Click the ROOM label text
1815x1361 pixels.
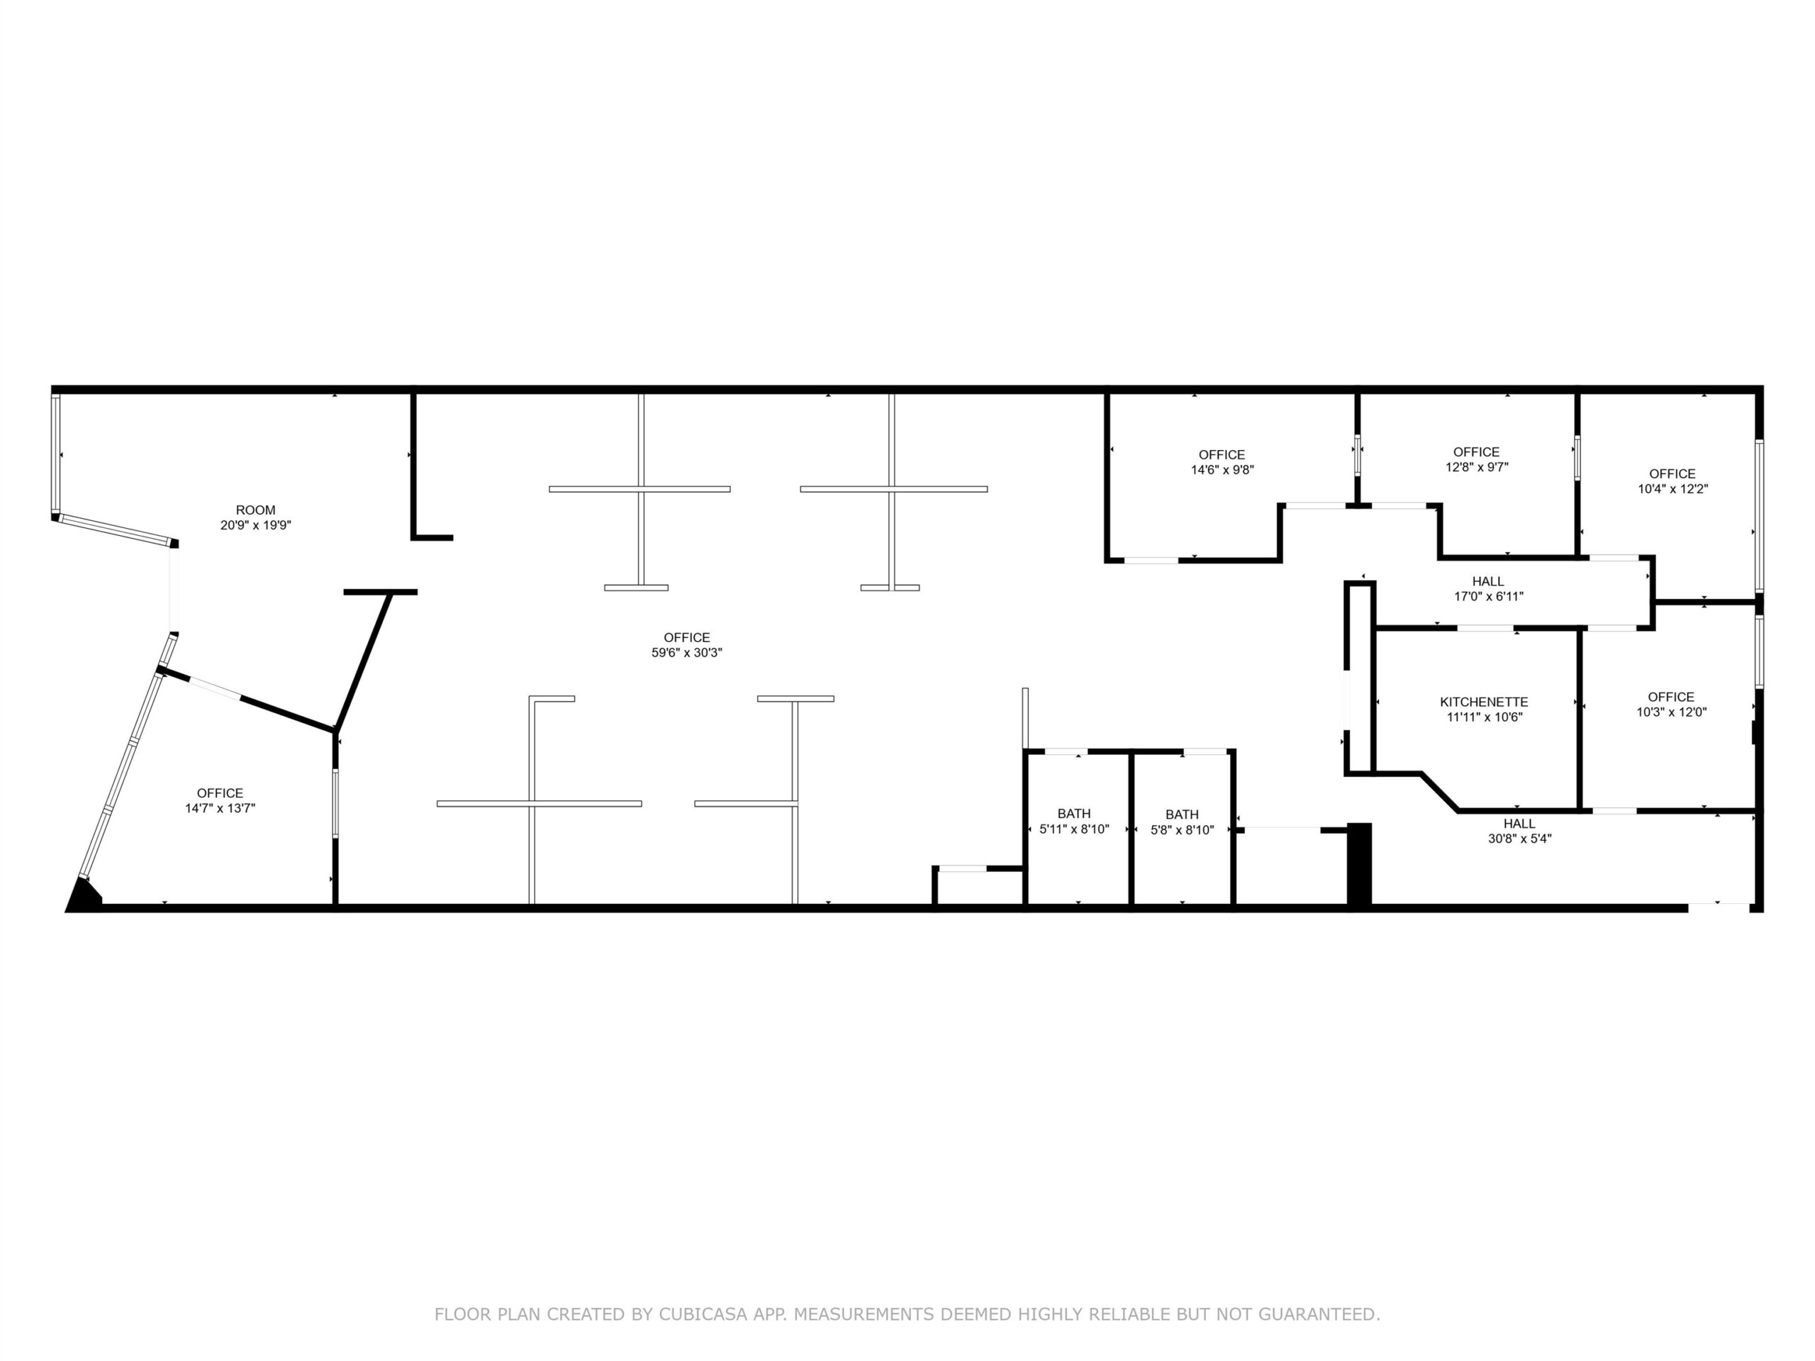coord(255,510)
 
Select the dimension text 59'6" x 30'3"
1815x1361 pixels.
coord(687,653)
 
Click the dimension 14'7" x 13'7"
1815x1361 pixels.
coord(220,808)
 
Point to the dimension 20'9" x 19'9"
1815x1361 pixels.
coord(255,525)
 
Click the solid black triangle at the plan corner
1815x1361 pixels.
coord(82,896)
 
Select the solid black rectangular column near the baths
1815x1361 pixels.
coord(1360,865)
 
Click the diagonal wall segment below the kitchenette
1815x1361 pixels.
coord(1439,792)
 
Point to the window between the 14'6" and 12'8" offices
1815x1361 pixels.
coord(1357,455)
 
